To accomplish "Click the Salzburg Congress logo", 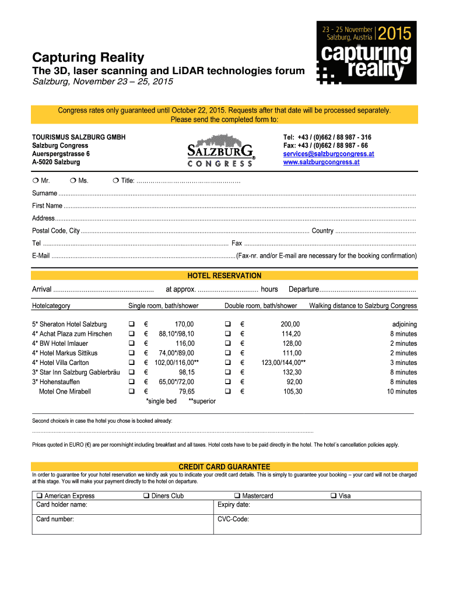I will click(x=220, y=151).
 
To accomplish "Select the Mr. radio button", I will click(x=35, y=181).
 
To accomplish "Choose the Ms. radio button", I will click(x=72, y=181).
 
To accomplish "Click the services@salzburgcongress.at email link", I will click(x=328, y=154).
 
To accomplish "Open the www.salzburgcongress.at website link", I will click(x=321, y=162).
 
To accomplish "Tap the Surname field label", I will click(x=44, y=193).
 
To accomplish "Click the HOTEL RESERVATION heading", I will click(x=224, y=276).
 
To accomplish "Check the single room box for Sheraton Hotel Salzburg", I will click(x=131, y=324).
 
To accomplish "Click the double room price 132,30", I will click(x=292, y=372).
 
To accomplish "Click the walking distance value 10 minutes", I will click(x=402, y=392).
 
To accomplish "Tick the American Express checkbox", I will click(x=40, y=496).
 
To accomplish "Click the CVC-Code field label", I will click(x=233, y=518).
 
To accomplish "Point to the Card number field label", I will click(x=55, y=518).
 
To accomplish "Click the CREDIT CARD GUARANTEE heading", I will click(x=224, y=467).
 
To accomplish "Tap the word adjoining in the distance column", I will click(x=404, y=324).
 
